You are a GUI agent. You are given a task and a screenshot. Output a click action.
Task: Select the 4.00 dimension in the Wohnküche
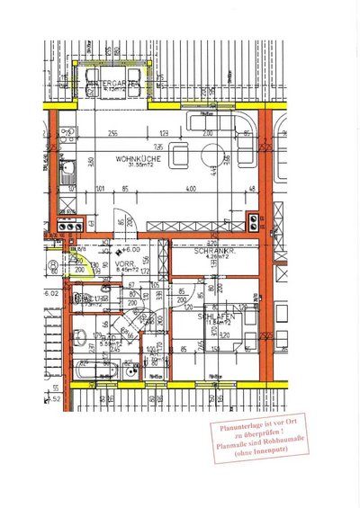tap(190, 190)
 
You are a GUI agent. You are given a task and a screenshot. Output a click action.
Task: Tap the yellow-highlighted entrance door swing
tap(76, 267)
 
